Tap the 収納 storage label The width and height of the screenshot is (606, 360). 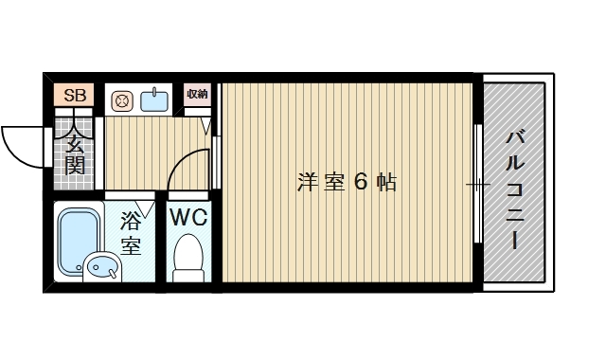(197, 94)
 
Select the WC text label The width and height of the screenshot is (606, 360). (188, 217)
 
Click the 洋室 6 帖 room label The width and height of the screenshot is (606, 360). (347, 182)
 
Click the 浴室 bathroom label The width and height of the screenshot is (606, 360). (131, 235)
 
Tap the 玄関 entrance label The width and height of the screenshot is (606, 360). (76, 155)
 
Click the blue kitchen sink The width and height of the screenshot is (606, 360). (154, 99)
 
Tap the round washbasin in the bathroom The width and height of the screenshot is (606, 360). (100, 268)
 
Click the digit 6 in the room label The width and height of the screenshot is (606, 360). (360, 182)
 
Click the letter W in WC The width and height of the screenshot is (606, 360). (181, 217)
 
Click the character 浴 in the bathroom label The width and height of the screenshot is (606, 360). (131, 224)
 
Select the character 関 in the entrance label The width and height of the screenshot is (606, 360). (76, 167)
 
